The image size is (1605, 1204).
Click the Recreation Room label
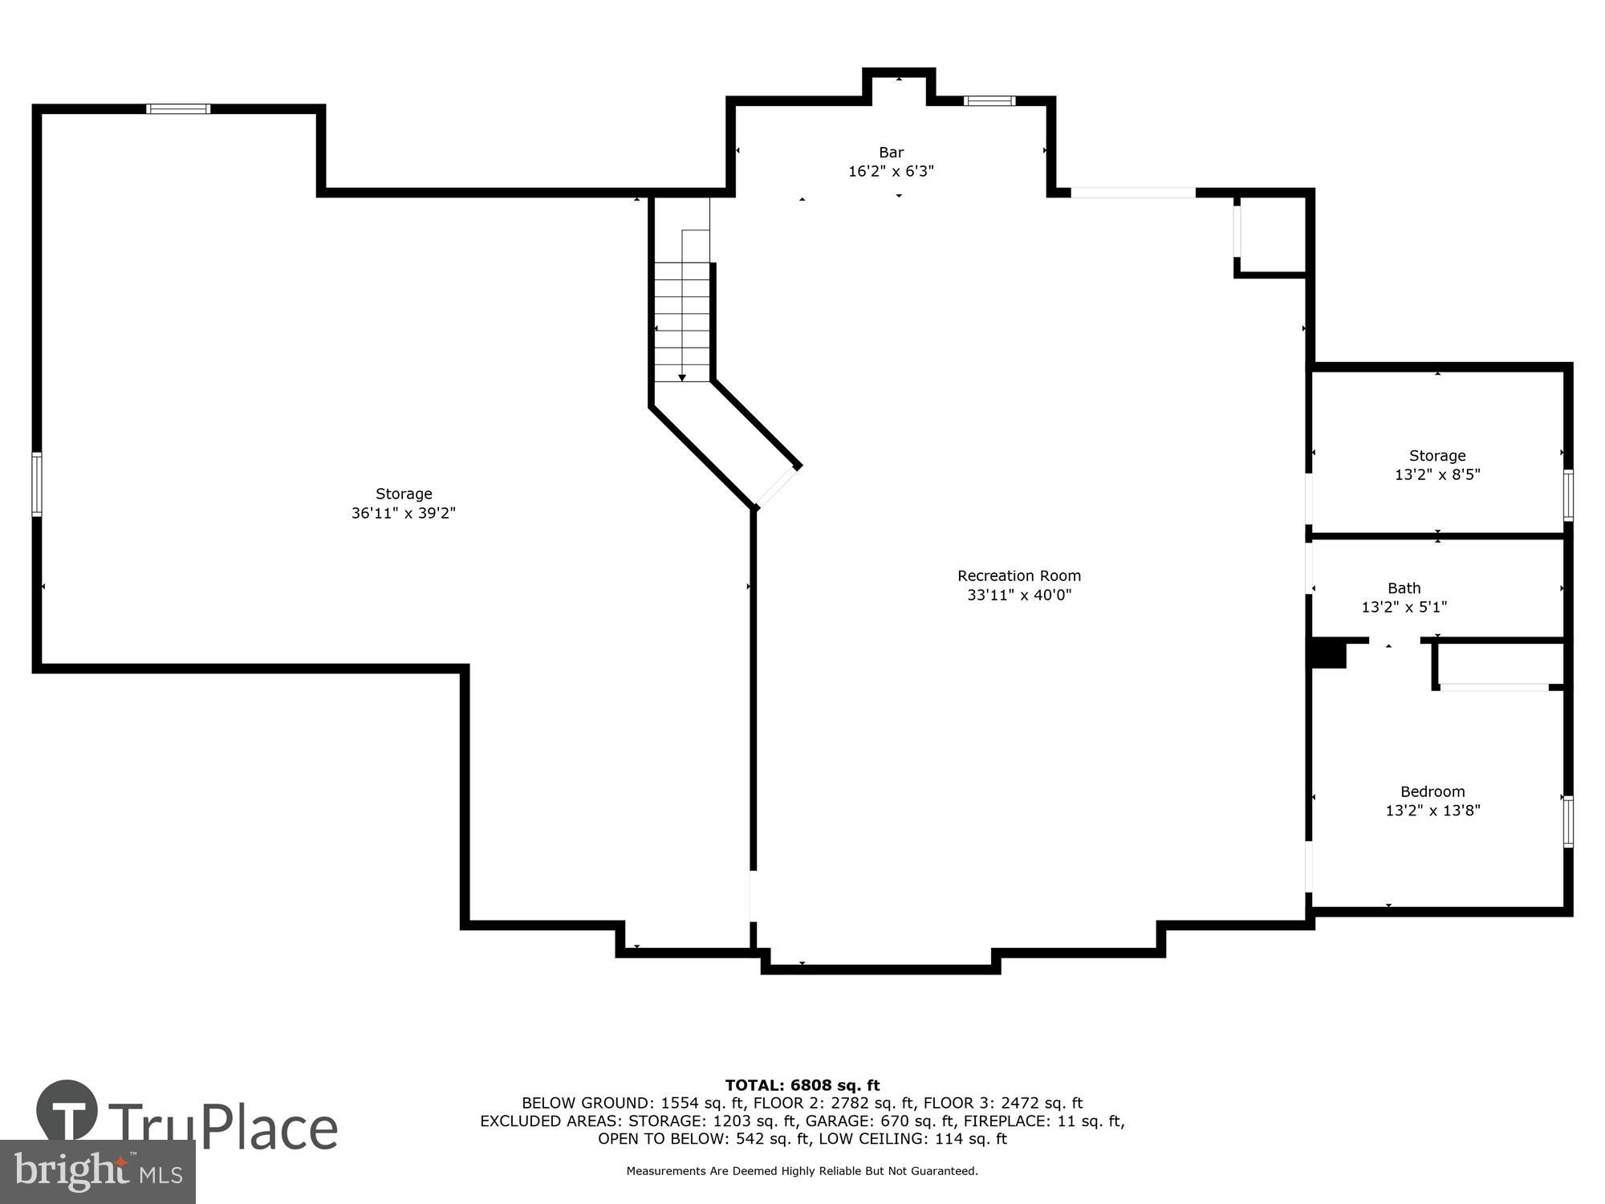point(1018,576)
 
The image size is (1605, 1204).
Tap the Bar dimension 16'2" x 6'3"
point(891,171)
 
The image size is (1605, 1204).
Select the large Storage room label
point(404,494)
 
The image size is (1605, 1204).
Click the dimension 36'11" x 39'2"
point(404,513)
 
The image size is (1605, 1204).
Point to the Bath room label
point(1404,588)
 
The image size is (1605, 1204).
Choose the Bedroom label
point(1432,791)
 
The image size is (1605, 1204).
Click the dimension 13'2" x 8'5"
point(1436,474)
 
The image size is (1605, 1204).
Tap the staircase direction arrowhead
point(682,377)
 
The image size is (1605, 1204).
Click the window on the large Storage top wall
point(178,109)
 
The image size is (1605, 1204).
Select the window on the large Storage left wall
point(37,484)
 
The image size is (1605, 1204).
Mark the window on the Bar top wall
point(989,101)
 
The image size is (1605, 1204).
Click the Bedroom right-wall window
point(1567,820)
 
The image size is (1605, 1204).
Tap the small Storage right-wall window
point(1567,495)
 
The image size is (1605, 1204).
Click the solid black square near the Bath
point(1328,653)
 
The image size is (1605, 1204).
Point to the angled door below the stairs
point(776,487)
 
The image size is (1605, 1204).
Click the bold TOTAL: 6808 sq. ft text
point(802,1085)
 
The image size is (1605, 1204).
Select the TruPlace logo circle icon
point(67,1111)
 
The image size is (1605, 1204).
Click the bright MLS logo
point(97,1172)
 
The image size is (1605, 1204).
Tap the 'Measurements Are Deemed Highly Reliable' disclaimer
point(802,1171)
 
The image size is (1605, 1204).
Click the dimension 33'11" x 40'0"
point(1018,595)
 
